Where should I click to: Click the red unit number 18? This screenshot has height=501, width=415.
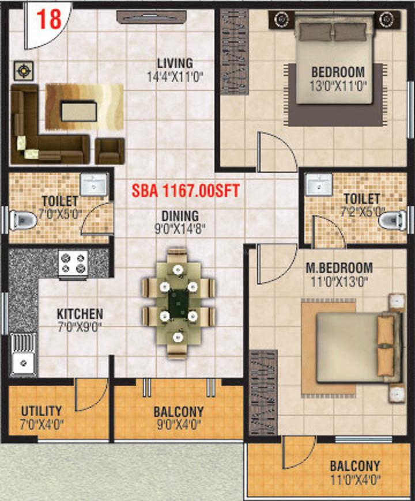tap(49, 19)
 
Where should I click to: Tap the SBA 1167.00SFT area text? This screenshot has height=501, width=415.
tap(186, 191)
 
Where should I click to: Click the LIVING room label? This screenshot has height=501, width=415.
tap(175, 63)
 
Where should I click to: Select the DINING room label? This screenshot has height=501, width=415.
tap(180, 216)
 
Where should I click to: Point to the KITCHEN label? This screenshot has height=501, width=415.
tap(80, 314)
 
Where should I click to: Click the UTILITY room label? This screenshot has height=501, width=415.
tap(41, 411)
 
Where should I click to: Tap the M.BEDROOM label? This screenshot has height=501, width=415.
tap(339, 268)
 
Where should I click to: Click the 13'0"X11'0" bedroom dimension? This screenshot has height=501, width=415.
tap(338, 86)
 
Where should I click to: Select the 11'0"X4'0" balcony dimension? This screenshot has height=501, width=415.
tap(355, 480)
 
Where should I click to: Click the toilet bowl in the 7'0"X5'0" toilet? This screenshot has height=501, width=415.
tap(22, 219)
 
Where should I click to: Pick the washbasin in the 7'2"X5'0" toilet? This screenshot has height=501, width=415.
tap(319, 184)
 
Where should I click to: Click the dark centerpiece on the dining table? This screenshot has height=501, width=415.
tap(179, 303)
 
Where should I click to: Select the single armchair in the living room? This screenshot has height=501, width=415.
tap(110, 151)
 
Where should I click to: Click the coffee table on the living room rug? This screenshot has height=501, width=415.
tap(78, 112)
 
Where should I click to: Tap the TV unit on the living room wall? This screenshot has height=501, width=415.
tap(151, 17)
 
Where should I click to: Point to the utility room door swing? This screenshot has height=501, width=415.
tap(91, 395)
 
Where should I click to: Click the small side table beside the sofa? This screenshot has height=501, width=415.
tap(23, 71)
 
